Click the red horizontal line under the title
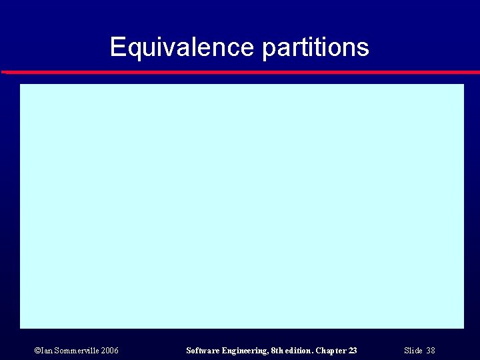click(240, 71)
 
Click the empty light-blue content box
click(241, 205)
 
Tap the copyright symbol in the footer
click(37, 350)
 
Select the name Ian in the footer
click(45, 350)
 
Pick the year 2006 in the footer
click(110, 350)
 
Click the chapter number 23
click(353, 350)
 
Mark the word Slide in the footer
click(413, 350)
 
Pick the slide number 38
click(431, 350)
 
